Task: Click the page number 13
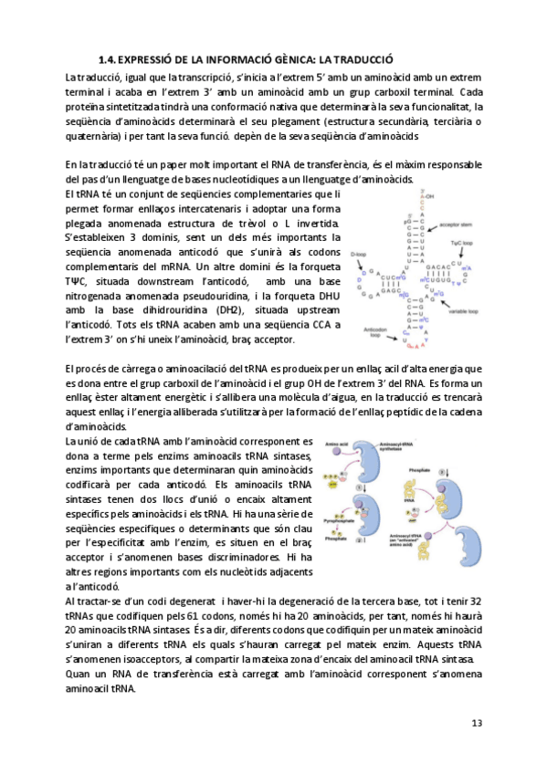click(476, 723)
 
